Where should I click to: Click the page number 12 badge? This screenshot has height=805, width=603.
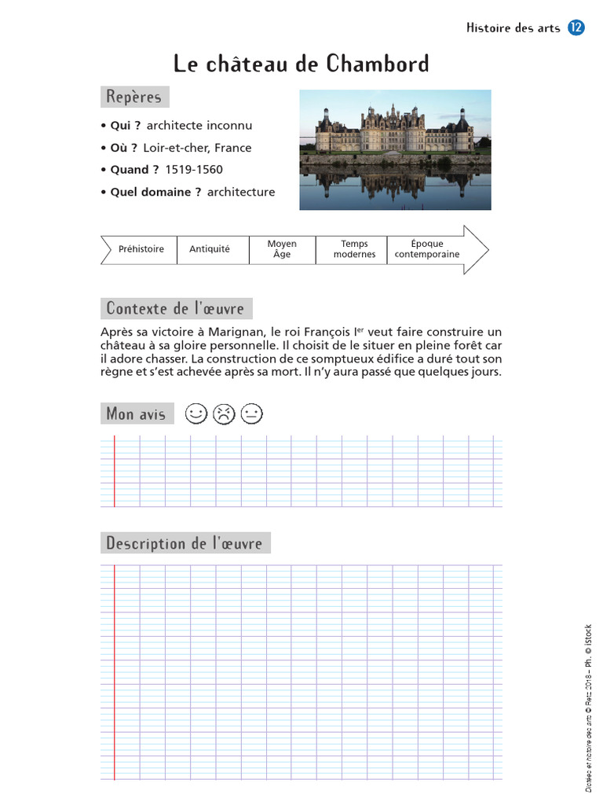[576, 28]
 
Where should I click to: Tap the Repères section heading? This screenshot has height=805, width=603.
[134, 97]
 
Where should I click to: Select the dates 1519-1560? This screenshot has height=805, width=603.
[194, 170]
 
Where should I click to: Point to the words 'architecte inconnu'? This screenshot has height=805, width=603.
[199, 126]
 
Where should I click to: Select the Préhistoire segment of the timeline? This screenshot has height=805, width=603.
[141, 249]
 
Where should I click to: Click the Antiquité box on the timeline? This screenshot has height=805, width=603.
[210, 249]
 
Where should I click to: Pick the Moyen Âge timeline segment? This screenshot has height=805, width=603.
[282, 249]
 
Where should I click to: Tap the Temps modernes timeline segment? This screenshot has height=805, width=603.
[354, 249]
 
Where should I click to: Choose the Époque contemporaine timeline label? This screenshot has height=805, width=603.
[427, 249]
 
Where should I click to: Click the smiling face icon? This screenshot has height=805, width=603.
[196, 414]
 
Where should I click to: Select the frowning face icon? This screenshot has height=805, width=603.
[224, 414]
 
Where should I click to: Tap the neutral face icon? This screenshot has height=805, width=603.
[252, 414]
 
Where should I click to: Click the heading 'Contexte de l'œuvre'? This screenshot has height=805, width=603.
[175, 308]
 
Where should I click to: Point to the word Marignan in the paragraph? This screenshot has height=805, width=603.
[236, 333]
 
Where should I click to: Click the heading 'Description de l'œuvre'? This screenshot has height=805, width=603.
[185, 543]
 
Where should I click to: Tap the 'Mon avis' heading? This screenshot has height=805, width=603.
[136, 414]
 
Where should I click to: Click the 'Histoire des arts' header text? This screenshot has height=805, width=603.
[513, 28]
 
